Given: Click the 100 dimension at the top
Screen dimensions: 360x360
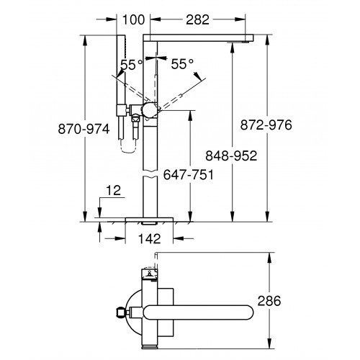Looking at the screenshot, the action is coord(133,19).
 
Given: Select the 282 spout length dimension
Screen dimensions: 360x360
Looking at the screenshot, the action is coord(197,19).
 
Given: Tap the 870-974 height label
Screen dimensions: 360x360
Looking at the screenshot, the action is coord(84,129).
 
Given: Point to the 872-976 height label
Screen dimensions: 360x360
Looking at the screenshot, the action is coord(266,125).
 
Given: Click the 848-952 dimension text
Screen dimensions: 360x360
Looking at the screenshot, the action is coord(231,156).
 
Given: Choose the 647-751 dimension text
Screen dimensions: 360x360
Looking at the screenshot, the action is coord(189,175).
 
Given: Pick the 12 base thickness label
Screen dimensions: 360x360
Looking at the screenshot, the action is coord(113,191).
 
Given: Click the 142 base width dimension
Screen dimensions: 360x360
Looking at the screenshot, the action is coord(149,239).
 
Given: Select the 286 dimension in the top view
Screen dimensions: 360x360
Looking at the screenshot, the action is coord(269,301).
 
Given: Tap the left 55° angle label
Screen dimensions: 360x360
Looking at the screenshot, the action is coord(132,64).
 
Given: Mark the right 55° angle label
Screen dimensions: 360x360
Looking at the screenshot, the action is coord(182,64).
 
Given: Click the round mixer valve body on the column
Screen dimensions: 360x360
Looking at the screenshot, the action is coord(150,110).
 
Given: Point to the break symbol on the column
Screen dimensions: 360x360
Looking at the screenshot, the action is coord(150,174).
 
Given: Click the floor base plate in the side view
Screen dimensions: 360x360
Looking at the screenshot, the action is coord(149,220).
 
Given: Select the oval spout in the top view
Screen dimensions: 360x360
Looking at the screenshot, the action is coord(198,312).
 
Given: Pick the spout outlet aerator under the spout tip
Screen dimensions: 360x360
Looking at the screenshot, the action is coord(238,42).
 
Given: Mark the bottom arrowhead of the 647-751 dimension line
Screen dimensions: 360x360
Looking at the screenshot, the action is coord(190,217).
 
